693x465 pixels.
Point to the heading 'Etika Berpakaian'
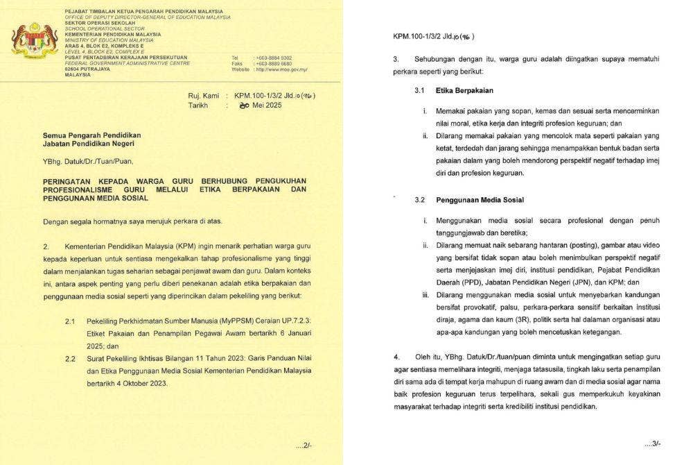click(x=464, y=91)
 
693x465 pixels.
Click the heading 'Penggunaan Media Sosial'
click(x=480, y=200)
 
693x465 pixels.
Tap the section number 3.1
click(x=420, y=91)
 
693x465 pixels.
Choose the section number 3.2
click(x=420, y=200)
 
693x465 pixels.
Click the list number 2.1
click(x=71, y=322)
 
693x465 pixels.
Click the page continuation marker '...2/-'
click(x=304, y=445)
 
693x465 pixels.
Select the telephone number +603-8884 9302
click(x=274, y=58)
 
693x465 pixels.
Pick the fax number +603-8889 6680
click(x=274, y=63)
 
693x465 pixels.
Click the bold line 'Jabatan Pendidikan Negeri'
click(x=89, y=143)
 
